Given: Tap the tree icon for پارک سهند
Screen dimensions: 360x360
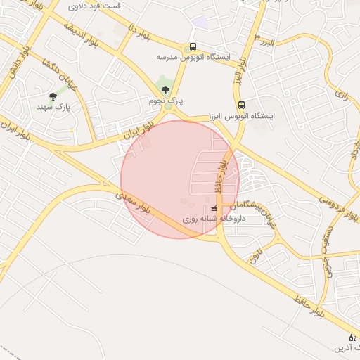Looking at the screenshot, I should coord(53,96).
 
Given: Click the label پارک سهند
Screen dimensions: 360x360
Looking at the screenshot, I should coord(53,108).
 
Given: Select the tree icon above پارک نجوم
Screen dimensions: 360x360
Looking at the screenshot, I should coord(166,89).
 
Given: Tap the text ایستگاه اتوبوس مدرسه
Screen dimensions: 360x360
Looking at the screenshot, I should coord(192,58).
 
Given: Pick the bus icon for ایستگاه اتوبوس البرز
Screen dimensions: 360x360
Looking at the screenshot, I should coord(242,105).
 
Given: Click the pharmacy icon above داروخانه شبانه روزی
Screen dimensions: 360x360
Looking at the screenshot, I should coord(214,209).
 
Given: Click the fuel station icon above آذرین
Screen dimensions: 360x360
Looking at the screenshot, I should coord(352,338).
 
